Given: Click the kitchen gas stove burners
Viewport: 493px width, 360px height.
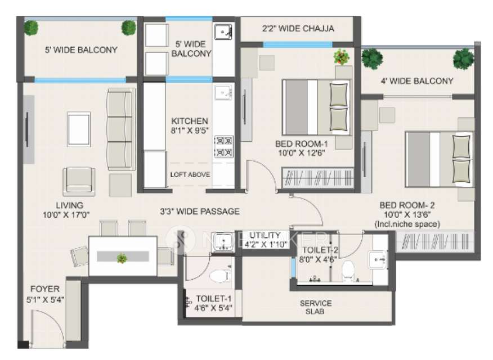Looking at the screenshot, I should pyautogui.click(x=224, y=146).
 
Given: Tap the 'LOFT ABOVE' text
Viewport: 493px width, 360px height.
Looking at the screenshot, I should pyautogui.click(x=190, y=174).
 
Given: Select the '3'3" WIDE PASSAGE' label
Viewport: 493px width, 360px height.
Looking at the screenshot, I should pyautogui.click(x=199, y=211).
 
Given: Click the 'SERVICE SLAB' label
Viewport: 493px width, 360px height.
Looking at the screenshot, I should pyautogui.click(x=315, y=307).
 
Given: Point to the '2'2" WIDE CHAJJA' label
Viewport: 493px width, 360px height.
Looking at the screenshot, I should pyautogui.click(x=298, y=28).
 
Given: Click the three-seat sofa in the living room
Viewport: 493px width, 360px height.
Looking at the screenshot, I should pyautogui.click(x=120, y=129).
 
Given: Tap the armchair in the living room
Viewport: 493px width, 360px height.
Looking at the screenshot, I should pyautogui.click(x=79, y=181).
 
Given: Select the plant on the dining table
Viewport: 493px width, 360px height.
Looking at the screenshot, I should pyautogui.click(x=122, y=258).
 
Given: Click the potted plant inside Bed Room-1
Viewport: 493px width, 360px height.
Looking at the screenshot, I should pyautogui.click(x=341, y=56).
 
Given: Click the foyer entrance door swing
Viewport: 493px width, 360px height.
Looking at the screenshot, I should pyautogui.click(x=47, y=326).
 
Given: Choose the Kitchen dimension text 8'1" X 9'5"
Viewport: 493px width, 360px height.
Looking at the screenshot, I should pyautogui.click(x=190, y=131).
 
